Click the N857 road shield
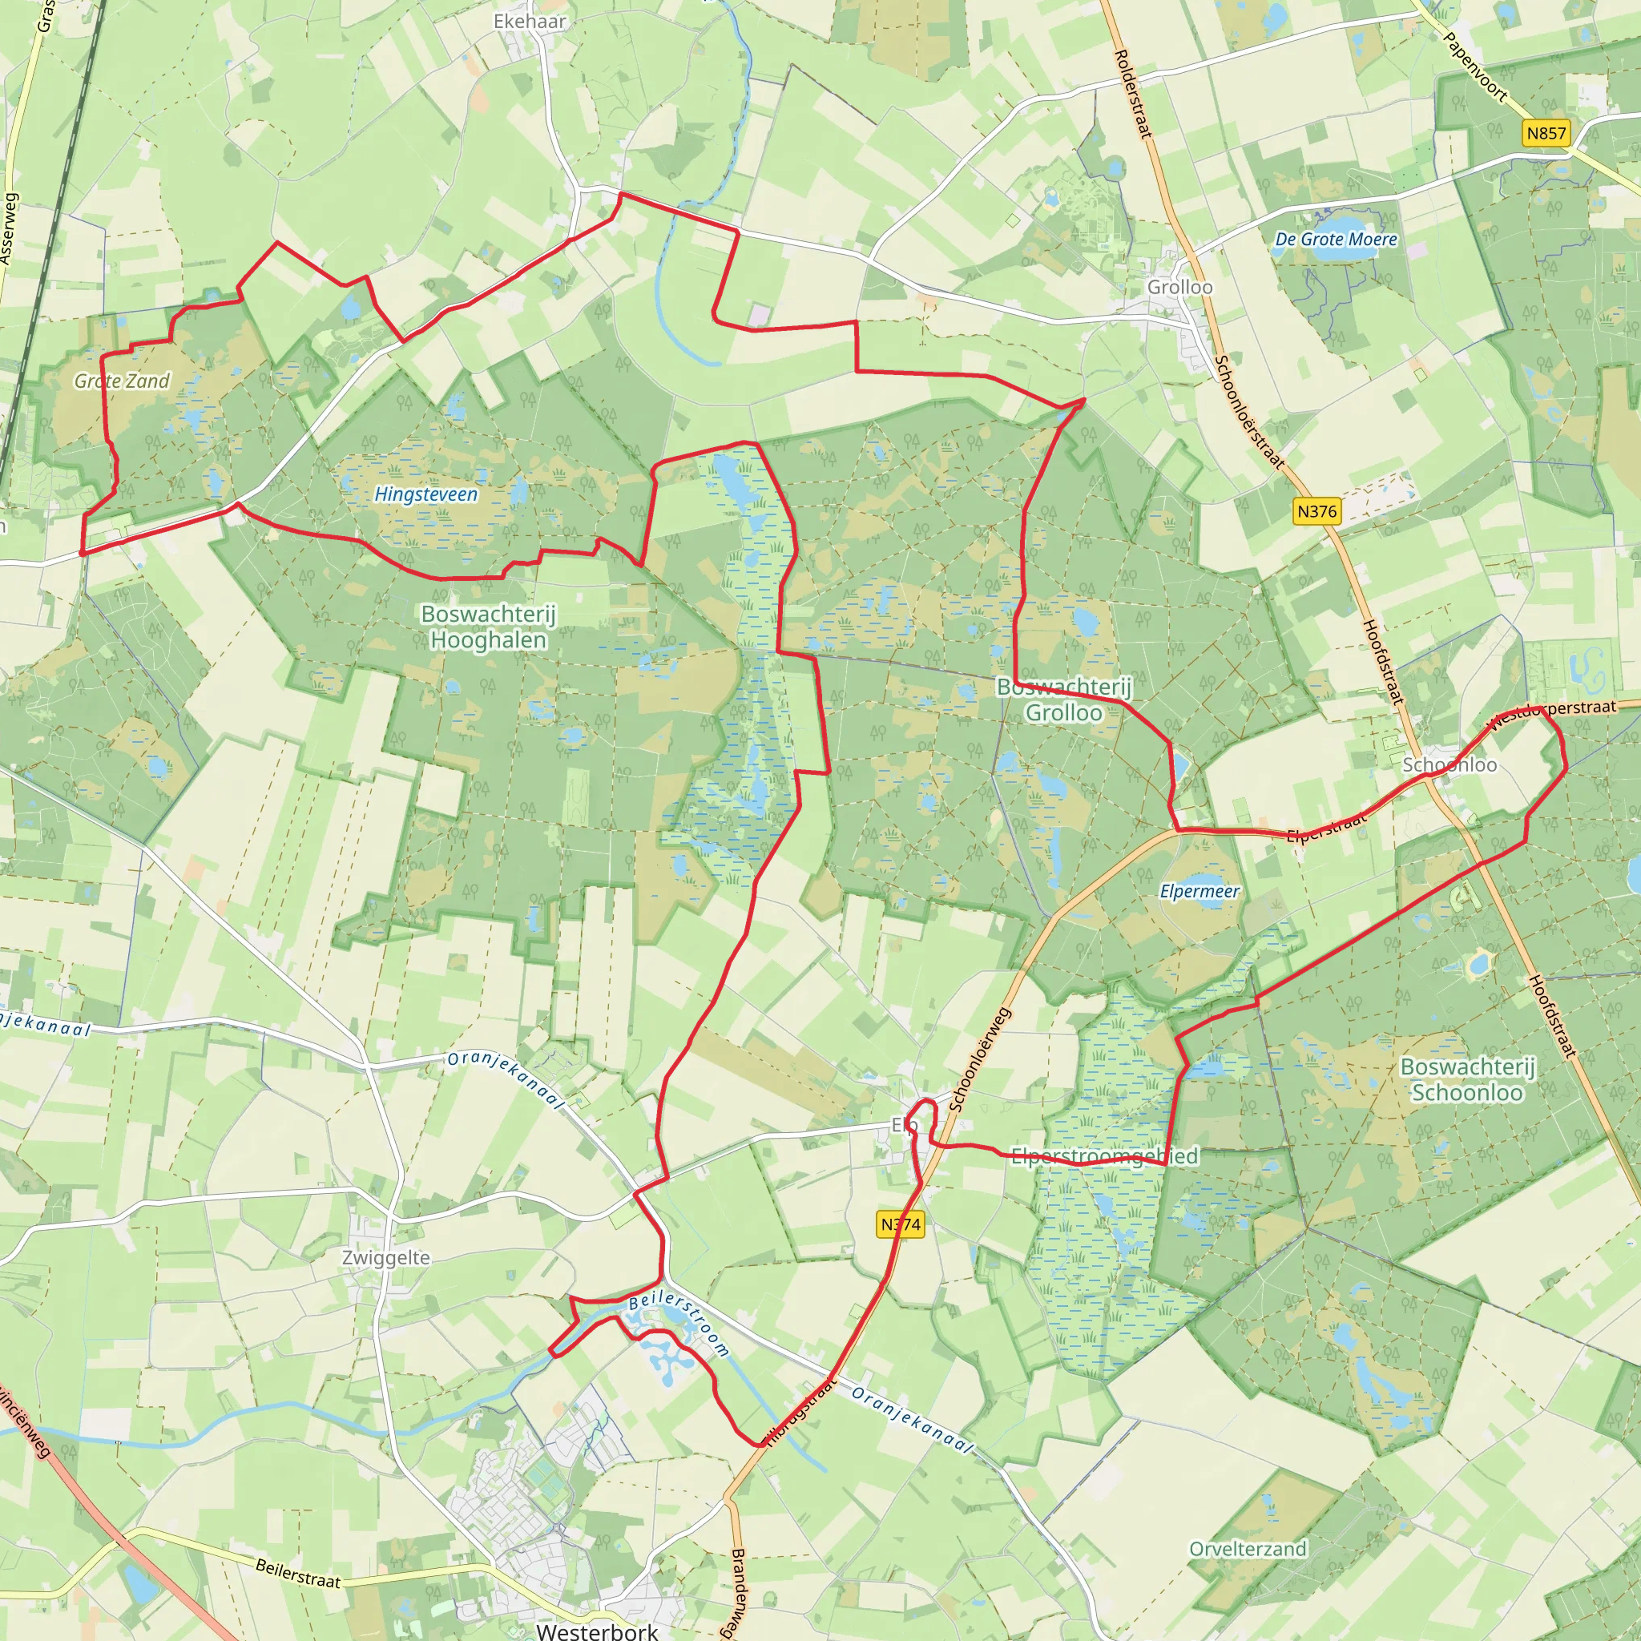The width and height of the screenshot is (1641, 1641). pos(1546,133)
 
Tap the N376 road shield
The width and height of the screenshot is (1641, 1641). pos(1316,511)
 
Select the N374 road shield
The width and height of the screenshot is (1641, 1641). pos(901,1224)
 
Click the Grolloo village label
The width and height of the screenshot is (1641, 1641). pos(1179,287)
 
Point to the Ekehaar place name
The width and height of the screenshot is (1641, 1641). pos(529,22)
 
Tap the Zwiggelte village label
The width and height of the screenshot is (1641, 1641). pos(386,1257)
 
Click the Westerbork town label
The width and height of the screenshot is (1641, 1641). pos(597,1629)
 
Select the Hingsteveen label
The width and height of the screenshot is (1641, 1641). pos(426,494)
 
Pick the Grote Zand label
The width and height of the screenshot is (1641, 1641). pos(123,381)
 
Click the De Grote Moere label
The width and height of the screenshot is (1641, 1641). pos(1336,240)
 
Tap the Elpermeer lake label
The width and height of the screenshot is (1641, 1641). pos(1200,891)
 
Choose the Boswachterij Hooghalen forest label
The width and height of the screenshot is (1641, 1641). pos(489,626)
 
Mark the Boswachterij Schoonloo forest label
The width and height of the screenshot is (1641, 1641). pos(1467,1079)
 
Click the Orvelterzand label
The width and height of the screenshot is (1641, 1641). pos(1248,1548)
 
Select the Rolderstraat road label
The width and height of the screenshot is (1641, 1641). pos(1133,94)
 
